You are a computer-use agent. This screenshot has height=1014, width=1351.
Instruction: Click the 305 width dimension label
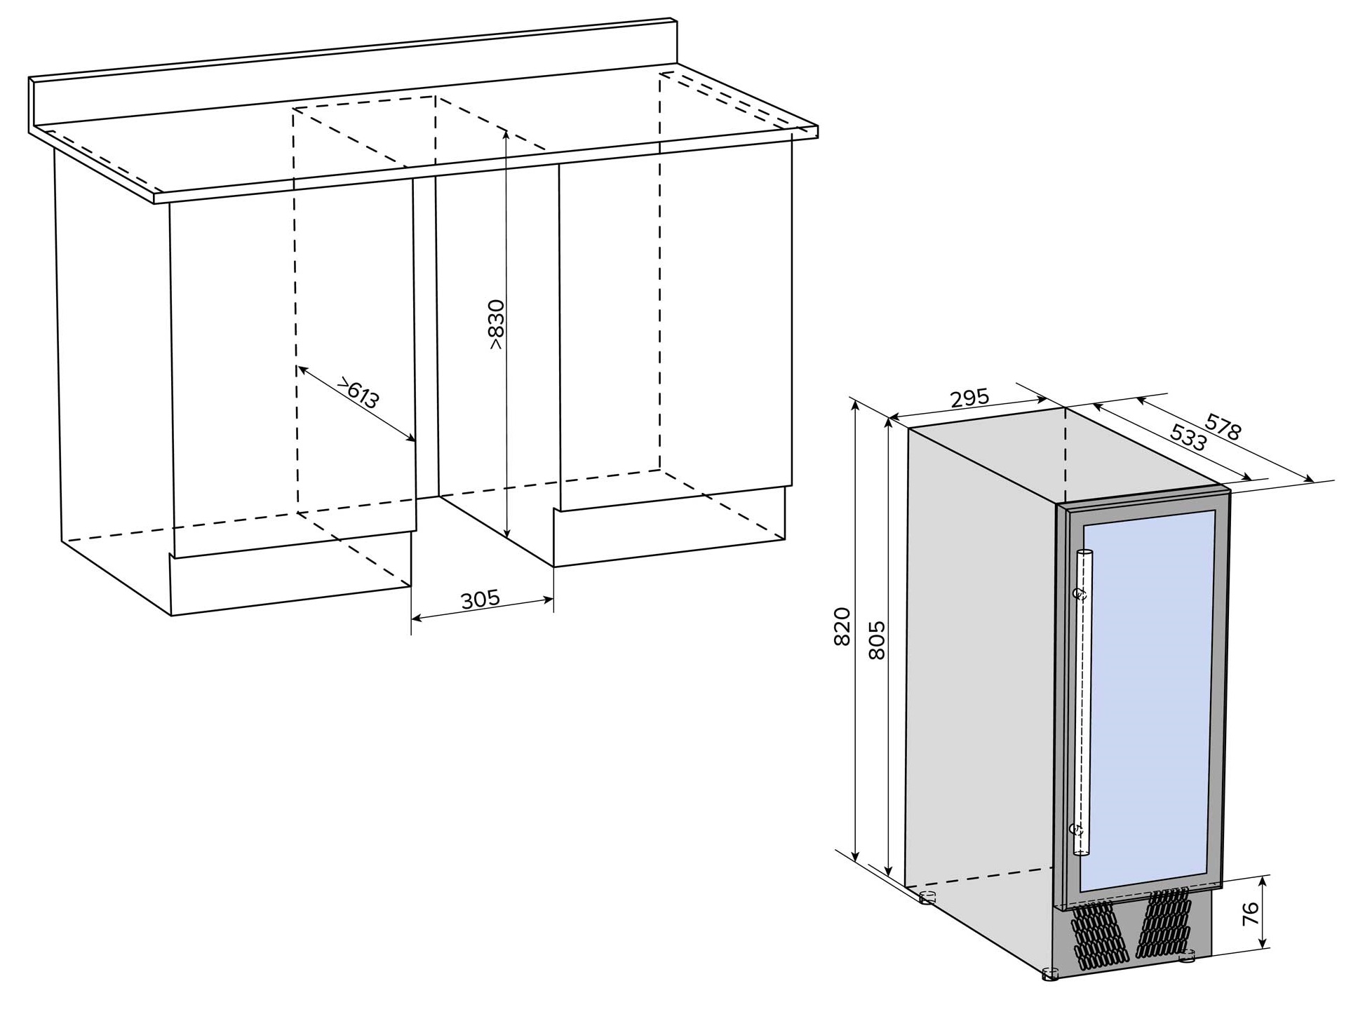pos(480,600)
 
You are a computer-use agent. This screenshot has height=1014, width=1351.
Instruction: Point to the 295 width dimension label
pos(969,398)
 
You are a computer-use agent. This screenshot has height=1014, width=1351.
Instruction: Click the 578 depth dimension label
pos(1223,426)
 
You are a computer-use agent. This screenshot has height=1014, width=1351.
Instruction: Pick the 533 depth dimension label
pos(1188,438)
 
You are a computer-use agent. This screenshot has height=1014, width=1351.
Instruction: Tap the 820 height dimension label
pos(842,626)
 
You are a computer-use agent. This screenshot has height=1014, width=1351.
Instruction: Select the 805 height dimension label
pos(877,640)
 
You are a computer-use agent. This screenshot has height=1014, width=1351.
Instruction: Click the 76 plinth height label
pos(1250,915)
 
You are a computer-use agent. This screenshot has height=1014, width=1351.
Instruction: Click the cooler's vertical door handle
pos(1083,702)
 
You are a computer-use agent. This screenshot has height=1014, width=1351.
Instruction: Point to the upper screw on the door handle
pos(1081,595)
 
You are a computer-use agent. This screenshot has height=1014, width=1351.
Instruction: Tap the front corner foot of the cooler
pos(1050,974)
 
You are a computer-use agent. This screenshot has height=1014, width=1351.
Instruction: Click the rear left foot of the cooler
pos(927,897)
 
